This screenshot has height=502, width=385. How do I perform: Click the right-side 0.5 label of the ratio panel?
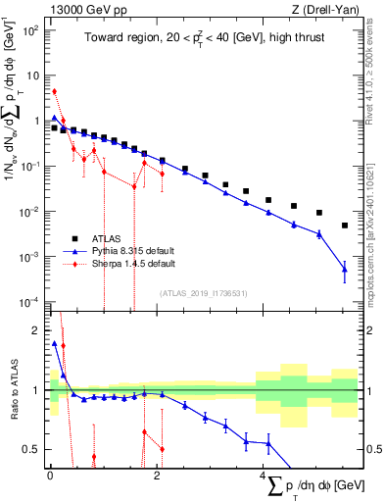click(371, 449)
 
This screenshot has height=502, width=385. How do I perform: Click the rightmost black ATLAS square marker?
click(345, 226)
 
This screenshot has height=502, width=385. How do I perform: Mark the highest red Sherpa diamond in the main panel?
click(55, 91)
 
